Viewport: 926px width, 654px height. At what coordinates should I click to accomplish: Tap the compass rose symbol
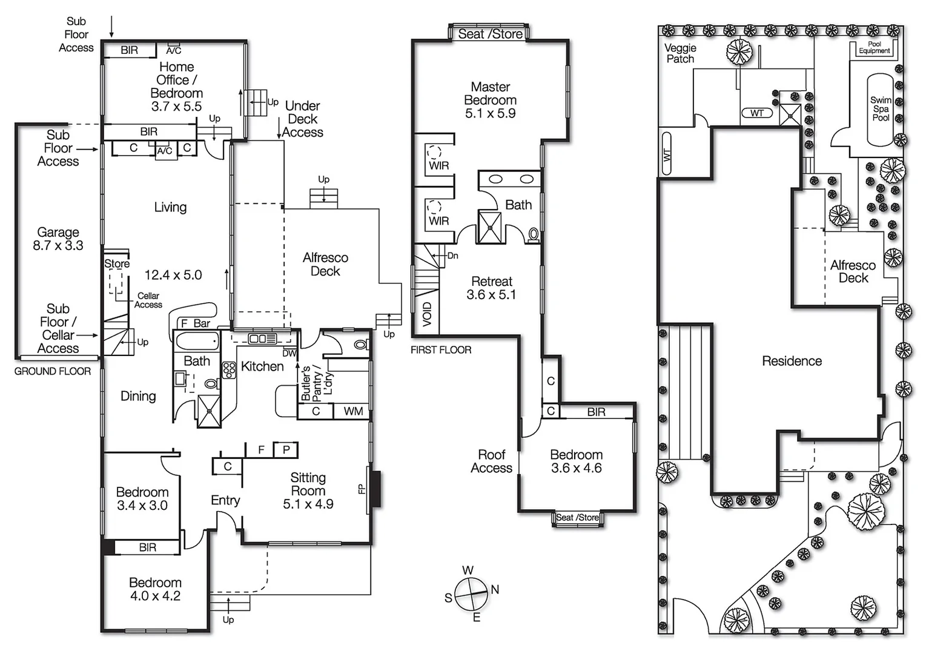(471, 593)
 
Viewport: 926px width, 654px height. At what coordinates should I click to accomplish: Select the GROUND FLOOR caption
(53, 371)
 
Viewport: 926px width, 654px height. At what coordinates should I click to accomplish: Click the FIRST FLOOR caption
(440, 350)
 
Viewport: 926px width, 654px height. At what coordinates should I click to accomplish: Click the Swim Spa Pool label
(881, 109)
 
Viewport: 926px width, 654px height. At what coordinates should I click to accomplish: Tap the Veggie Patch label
(680, 53)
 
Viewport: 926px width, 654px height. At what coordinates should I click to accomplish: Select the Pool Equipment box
(875, 48)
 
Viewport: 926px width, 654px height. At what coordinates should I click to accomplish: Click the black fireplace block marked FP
(375, 489)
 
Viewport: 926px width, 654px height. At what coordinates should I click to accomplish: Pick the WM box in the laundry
(353, 412)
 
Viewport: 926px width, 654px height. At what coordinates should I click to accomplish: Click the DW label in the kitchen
(289, 353)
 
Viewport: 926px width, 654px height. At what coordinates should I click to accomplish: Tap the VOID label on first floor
(427, 314)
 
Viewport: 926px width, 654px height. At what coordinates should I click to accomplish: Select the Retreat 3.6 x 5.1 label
(491, 288)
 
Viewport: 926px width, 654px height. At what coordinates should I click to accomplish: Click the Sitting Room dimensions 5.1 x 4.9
(308, 504)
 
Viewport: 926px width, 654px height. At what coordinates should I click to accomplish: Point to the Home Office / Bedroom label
(176, 87)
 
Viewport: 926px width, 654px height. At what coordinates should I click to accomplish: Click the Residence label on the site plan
(792, 361)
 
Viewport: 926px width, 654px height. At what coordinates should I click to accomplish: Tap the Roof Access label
(491, 461)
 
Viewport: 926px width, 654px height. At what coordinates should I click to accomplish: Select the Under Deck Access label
(302, 119)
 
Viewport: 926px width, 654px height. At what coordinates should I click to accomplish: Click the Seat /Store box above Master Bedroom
(490, 34)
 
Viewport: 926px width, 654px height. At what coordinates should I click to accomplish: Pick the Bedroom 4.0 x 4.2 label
(155, 589)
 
